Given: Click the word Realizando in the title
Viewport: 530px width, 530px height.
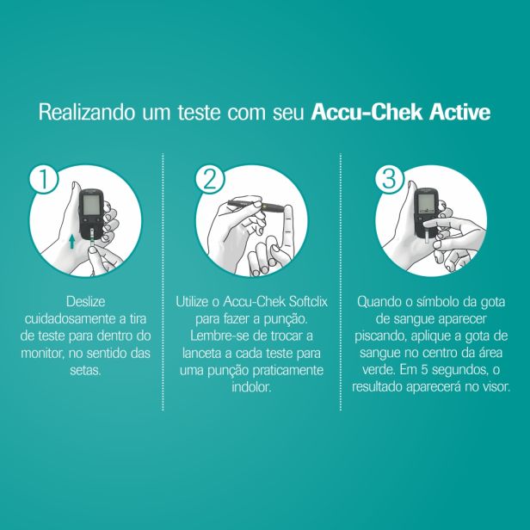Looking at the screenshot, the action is point(87,113).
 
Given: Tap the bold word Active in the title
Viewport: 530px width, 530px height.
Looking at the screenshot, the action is point(460,112).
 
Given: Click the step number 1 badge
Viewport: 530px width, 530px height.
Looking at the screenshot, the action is point(44,179).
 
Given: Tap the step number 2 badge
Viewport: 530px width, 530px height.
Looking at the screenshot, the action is point(210,179).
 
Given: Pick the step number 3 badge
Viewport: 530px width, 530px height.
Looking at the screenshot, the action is point(390,179).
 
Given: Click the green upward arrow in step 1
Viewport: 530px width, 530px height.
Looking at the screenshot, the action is point(71,242).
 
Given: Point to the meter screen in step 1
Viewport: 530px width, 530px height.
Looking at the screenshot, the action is point(92,205).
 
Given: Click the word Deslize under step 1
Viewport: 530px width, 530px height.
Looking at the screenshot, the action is point(85,301).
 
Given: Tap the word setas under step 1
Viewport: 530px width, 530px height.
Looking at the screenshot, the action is point(85,371).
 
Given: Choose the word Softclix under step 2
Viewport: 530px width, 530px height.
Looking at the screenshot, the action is point(308,301).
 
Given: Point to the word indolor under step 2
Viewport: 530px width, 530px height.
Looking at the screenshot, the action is point(251,387).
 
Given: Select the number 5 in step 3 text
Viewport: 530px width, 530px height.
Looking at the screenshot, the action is point(424,370).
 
